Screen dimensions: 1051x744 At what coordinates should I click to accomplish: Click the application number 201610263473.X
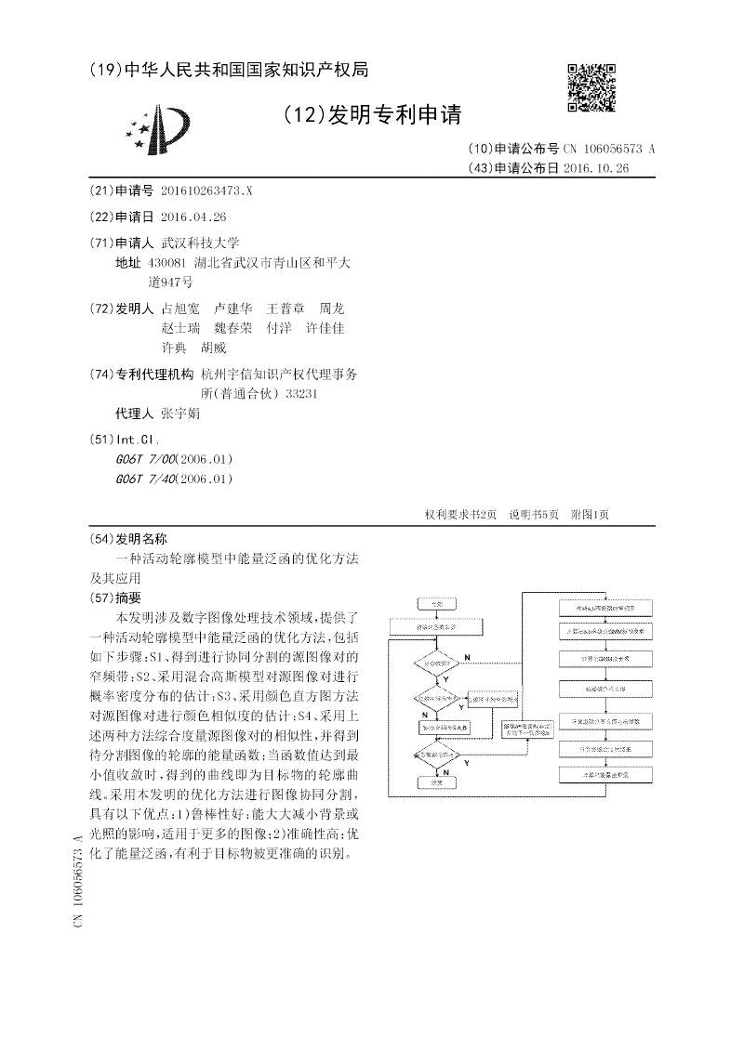click(206, 190)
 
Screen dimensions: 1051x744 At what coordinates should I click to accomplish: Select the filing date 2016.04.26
click(193, 217)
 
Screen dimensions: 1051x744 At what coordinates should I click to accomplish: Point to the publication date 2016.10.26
click(596, 168)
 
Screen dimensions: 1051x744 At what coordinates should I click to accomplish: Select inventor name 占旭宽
click(180, 309)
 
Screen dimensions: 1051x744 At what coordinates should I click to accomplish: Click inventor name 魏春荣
click(232, 328)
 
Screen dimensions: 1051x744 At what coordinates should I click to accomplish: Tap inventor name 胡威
click(213, 348)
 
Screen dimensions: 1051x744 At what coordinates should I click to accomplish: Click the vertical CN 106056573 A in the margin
click(77, 879)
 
